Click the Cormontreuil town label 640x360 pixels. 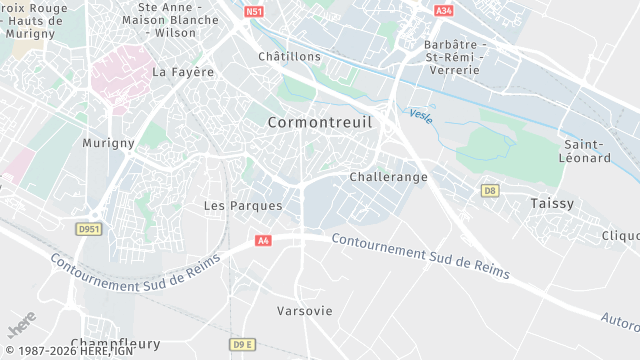[x=320, y=122]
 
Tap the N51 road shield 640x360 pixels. [x=254, y=11]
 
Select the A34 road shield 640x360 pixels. [x=444, y=11]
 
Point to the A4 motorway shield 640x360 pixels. [x=263, y=241]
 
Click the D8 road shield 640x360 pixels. [x=489, y=190]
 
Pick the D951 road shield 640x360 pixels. [x=90, y=229]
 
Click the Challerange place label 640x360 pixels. [x=389, y=177]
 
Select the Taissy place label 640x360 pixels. [x=552, y=203]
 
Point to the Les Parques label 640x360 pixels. [x=243, y=206]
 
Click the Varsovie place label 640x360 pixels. [x=304, y=311]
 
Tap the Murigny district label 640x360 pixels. [x=109, y=143]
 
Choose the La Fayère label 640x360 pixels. [x=183, y=72]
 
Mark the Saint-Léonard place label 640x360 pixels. [x=585, y=151]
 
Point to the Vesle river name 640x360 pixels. [x=421, y=115]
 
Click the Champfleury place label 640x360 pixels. [x=115, y=343]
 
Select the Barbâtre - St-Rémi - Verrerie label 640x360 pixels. [x=454, y=57]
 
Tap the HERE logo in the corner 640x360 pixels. [x=21, y=328]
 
